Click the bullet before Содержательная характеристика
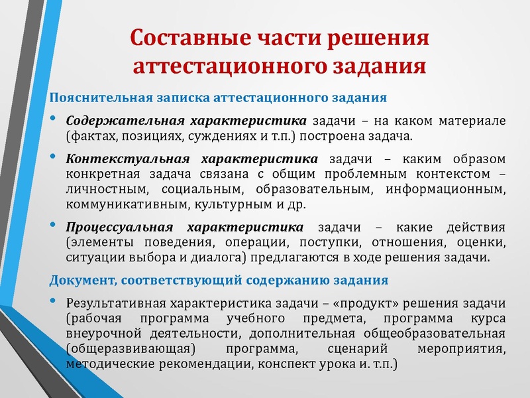tap(53, 120)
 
